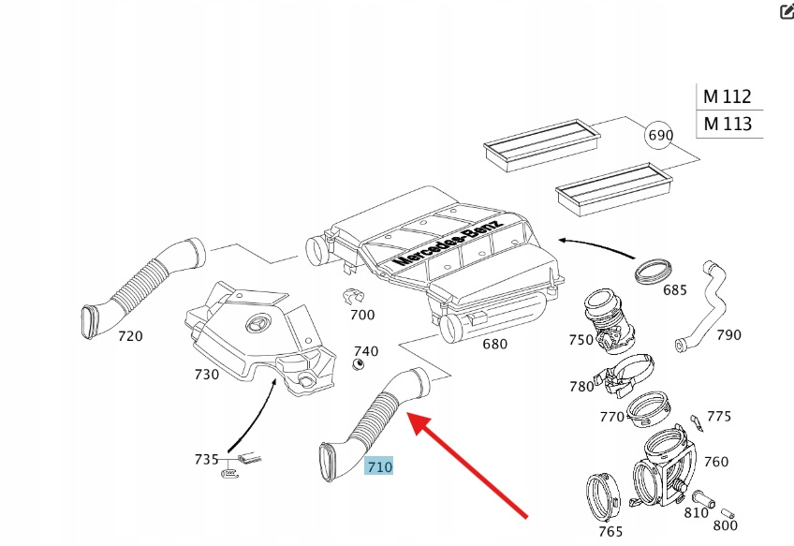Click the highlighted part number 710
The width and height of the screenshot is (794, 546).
coord(379,465)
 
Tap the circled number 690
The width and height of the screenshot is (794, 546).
coord(660,135)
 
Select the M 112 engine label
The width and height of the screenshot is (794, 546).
coord(728,96)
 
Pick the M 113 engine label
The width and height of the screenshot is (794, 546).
coord(728,124)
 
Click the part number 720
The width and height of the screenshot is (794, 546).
coord(130,335)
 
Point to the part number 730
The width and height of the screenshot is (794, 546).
coord(206,375)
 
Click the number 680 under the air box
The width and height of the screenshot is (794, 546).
coord(494,344)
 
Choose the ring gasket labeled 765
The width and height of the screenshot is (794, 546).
coord(598,496)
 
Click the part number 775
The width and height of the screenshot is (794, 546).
coord(719,417)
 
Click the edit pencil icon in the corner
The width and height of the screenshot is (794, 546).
coord(787,11)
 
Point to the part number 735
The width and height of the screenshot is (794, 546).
coord(206,459)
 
